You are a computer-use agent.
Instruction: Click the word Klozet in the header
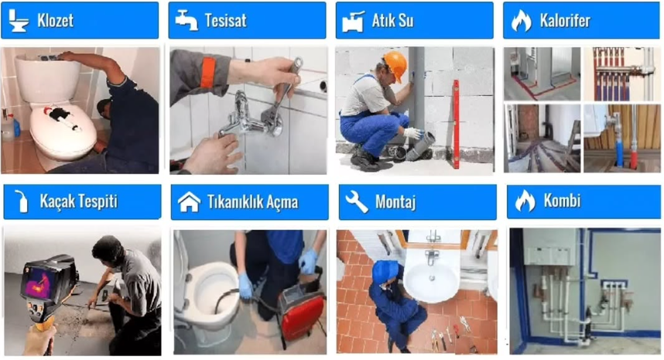click(x=55, y=20)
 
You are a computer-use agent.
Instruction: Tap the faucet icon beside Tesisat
click(x=187, y=20)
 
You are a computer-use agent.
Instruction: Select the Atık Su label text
click(x=392, y=20)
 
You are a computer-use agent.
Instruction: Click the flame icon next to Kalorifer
click(x=522, y=20)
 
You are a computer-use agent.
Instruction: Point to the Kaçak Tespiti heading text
click(x=78, y=201)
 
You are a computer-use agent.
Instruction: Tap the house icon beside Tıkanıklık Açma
click(x=189, y=201)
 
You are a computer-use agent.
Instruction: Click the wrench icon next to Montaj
click(x=356, y=201)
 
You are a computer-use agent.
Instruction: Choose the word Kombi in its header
click(x=562, y=201)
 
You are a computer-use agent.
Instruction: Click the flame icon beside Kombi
click(x=525, y=201)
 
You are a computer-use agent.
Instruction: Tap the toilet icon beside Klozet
click(x=19, y=20)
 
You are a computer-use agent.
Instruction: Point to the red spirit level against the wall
click(x=456, y=124)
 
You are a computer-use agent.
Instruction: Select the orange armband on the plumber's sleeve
click(x=208, y=73)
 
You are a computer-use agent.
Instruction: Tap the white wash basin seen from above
click(x=431, y=280)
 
